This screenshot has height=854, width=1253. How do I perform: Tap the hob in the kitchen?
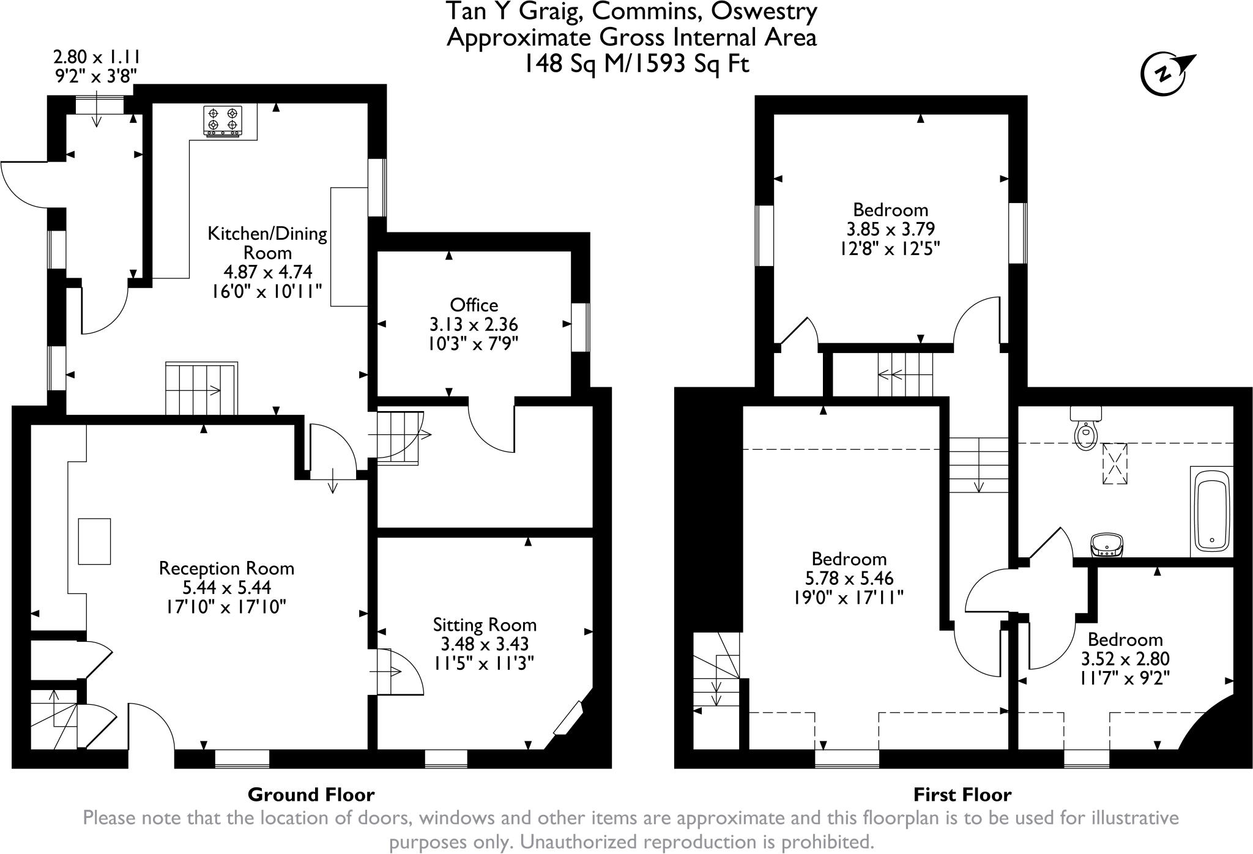[223, 120]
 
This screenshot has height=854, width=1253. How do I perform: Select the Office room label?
[474, 305]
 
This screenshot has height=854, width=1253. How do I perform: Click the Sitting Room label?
[485, 625]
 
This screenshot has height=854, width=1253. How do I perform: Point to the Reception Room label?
[226, 568]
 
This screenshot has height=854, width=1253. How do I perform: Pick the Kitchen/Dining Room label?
[267, 243]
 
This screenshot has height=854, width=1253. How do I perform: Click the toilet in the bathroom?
[1086, 428]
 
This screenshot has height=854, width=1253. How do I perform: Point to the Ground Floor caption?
[311, 795]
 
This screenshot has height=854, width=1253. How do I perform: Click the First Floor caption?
[962, 795]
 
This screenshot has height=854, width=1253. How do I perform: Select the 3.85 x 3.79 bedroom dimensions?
[890, 229]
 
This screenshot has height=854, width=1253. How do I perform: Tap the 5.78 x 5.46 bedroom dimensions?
[849, 578]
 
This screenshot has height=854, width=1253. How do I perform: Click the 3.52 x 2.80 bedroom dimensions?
[1125, 659]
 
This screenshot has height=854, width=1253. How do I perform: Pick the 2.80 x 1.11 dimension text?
[97, 58]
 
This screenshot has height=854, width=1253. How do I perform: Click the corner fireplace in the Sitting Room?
[569, 718]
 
